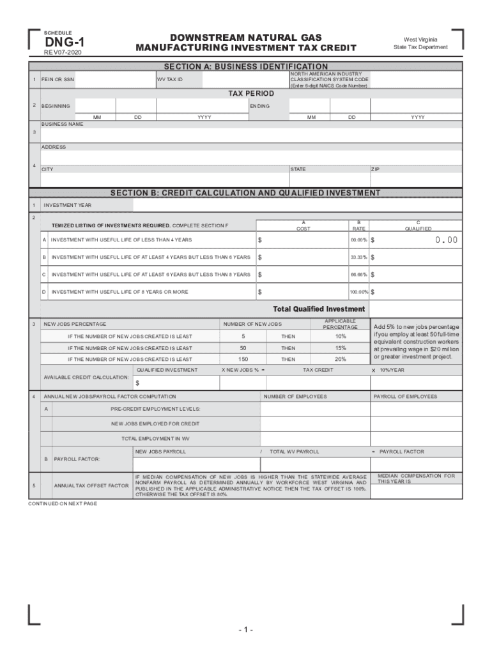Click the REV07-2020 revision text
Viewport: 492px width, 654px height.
click(62, 52)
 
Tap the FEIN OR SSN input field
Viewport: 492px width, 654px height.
click(114, 80)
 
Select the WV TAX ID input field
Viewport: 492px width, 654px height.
click(243, 80)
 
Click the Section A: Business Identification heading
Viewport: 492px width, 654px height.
click(246, 66)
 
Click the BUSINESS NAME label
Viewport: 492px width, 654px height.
click(62, 124)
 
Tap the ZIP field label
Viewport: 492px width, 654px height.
click(376, 169)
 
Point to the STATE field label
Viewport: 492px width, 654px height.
click(298, 169)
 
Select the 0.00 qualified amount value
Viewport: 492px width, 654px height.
click(446, 240)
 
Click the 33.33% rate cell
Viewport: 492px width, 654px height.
click(358, 257)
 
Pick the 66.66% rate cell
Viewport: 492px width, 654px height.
click(358, 275)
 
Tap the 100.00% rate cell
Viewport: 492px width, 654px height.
click(357, 292)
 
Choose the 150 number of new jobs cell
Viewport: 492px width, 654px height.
click(243, 360)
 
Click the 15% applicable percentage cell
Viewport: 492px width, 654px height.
click(341, 348)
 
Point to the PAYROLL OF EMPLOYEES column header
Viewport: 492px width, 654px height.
click(405, 397)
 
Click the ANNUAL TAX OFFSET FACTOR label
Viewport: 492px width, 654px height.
click(91, 486)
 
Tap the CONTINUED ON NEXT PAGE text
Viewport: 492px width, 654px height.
click(63, 504)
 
